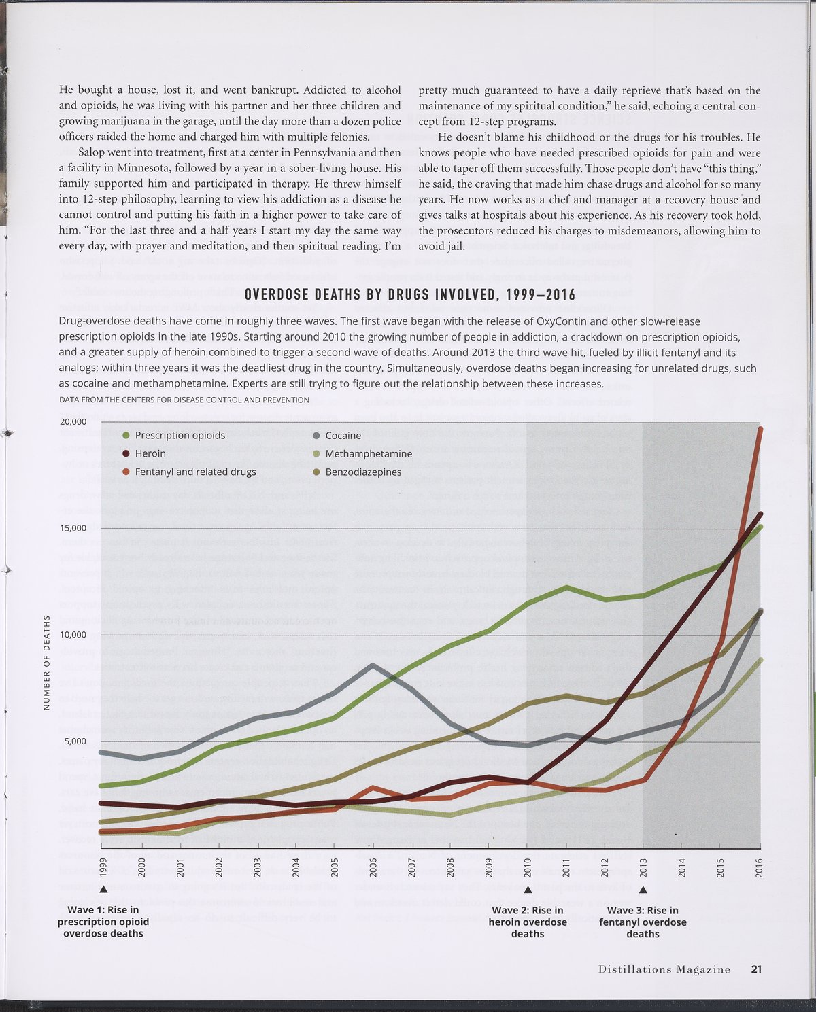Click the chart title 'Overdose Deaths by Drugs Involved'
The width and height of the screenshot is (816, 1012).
(409, 294)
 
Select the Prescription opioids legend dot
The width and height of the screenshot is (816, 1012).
(126, 435)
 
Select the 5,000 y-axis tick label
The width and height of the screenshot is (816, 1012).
(75, 741)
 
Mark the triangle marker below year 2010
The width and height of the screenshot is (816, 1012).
(528, 889)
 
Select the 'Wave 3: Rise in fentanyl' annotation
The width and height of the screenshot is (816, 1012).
(643, 922)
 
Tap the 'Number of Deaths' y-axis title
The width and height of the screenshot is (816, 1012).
(47, 662)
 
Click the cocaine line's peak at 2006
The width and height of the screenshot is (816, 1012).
(373, 664)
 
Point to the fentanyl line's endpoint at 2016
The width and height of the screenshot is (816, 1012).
(760, 428)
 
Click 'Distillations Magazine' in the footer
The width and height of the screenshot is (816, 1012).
(664, 969)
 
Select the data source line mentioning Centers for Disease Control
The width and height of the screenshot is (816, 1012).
(184, 400)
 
